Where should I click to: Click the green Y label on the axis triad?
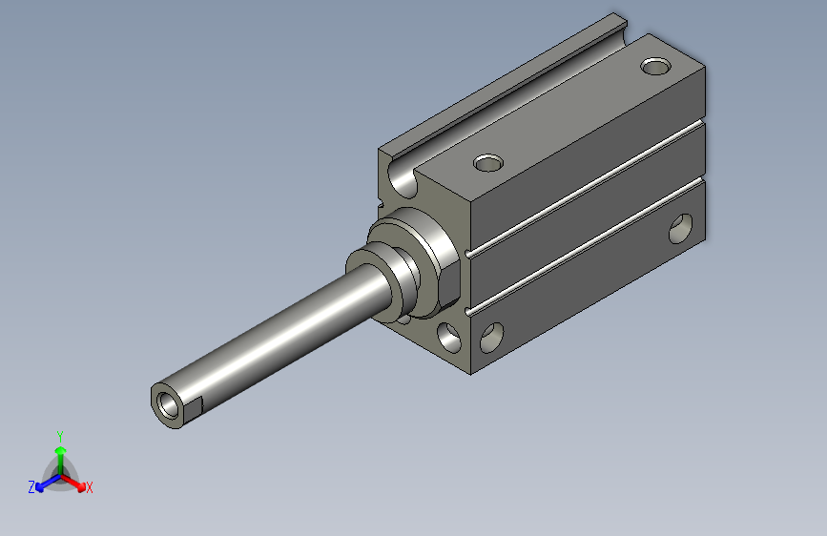(59, 435)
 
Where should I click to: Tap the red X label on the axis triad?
(89, 487)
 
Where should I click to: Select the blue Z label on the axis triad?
(31, 487)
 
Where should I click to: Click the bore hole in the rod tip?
(171, 403)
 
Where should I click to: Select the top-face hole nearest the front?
(487, 162)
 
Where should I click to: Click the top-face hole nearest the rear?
(655, 67)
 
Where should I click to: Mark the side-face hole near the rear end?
(681, 229)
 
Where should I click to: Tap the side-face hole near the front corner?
(492, 336)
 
